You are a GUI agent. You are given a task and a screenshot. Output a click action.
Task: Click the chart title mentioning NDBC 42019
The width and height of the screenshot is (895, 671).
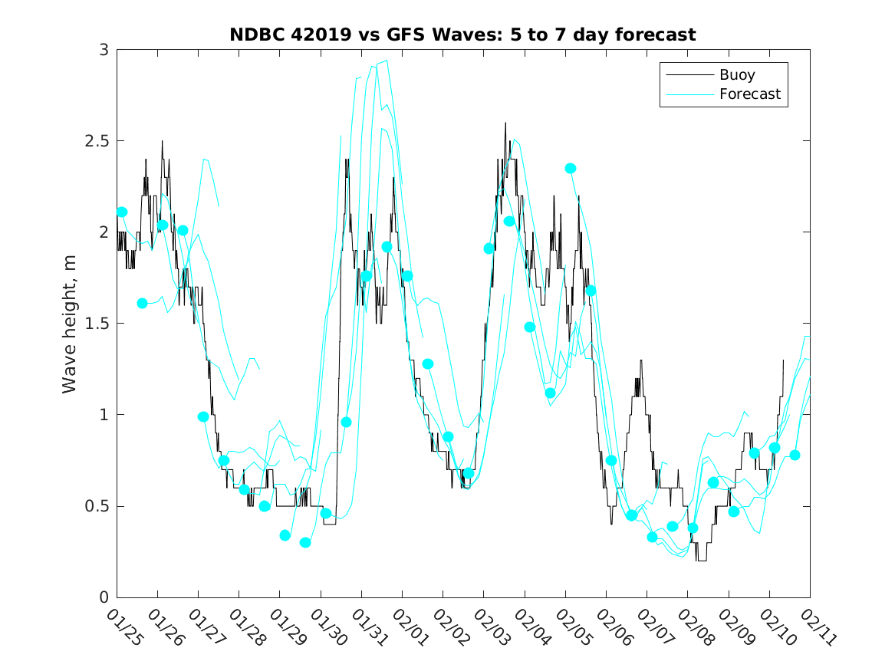point(462,35)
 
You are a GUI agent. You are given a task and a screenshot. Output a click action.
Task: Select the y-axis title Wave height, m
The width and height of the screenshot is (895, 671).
point(70,324)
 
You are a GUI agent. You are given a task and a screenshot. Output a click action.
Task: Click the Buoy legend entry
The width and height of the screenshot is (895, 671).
point(736,75)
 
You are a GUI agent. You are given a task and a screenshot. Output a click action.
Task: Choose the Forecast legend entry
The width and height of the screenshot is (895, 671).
point(749,94)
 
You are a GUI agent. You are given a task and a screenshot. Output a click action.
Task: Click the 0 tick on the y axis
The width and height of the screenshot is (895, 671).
point(104,597)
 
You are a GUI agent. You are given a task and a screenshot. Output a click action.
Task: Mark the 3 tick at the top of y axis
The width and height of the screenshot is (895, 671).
point(104,50)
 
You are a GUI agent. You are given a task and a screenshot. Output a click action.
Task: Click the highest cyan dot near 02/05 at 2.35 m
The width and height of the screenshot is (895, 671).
point(571,169)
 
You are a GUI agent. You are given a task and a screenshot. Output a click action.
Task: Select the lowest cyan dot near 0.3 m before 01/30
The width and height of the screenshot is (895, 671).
point(305,542)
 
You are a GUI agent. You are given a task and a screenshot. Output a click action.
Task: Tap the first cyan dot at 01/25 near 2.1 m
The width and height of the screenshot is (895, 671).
point(122,212)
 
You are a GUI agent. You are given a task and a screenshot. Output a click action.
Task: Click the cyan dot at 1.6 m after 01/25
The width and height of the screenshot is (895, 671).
point(142,304)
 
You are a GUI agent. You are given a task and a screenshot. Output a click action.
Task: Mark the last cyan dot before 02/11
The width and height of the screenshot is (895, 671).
point(795,455)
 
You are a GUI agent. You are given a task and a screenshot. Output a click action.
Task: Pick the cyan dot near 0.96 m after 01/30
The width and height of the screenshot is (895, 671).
point(346,422)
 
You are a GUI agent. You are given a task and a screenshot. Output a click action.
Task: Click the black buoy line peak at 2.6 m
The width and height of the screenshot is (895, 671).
point(505,123)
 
